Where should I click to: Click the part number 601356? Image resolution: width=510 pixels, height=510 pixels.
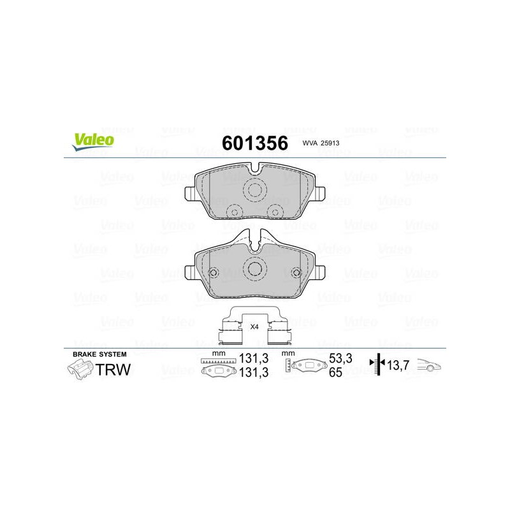point(254,143)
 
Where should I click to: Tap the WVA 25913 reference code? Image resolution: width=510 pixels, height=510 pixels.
point(321,143)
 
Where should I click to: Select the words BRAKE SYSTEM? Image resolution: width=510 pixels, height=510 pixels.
point(99,354)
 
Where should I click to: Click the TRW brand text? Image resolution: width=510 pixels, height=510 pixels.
point(113,370)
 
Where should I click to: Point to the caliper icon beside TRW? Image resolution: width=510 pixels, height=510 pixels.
point(80,370)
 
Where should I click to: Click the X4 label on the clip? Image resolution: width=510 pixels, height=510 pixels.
point(254,327)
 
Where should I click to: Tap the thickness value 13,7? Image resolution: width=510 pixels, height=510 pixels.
point(398,365)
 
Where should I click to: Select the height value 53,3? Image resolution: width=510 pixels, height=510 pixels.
point(340,358)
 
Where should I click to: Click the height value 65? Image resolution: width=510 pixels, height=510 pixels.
point(336,372)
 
